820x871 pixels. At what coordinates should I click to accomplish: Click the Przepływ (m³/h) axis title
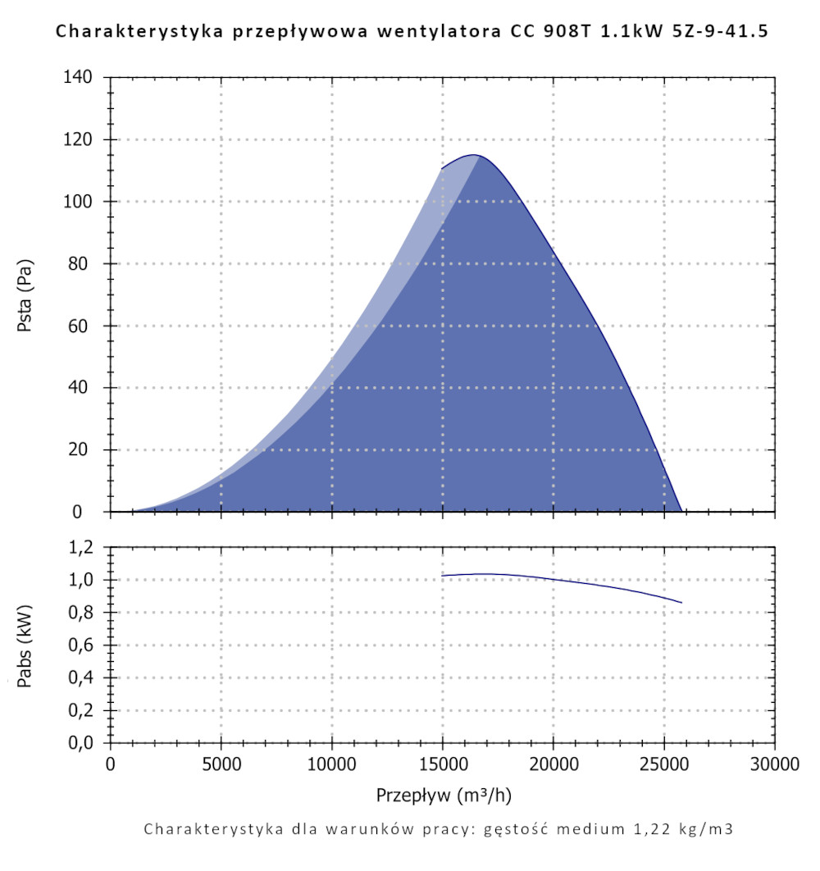pos(444,795)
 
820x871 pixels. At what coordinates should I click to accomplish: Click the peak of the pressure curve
pos(474,155)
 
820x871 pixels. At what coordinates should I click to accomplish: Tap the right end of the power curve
pos(681,603)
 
